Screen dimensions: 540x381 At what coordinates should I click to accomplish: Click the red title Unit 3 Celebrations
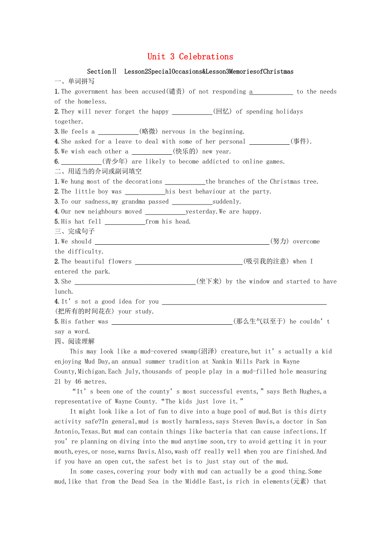pyautogui.click(x=190, y=57)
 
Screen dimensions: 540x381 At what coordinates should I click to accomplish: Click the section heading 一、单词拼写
pyautogui.click(x=75, y=81)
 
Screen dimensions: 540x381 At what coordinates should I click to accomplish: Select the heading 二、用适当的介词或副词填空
pyautogui.click(x=98, y=171)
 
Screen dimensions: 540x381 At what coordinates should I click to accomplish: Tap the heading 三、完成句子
pyautogui.click(x=75, y=231)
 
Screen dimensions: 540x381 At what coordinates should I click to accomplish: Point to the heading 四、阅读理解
pyautogui.click(x=75, y=341)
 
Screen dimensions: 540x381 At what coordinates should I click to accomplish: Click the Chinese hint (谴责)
pyautogui.click(x=175, y=92)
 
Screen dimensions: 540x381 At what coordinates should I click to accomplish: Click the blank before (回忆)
pyautogui.click(x=192, y=112)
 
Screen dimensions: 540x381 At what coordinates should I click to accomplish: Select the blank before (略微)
pyautogui.click(x=118, y=132)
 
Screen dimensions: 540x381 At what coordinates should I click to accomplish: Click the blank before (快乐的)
pyautogui.click(x=152, y=152)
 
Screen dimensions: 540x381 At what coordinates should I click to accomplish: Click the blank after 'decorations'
pyautogui.click(x=185, y=182)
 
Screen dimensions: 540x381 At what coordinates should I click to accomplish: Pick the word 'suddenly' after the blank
pyautogui.click(x=227, y=202)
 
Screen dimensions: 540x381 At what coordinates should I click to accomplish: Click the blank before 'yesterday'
pyautogui.click(x=165, y=212)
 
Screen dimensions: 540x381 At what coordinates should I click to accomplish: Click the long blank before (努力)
pyautogui.click(x=182, y=242)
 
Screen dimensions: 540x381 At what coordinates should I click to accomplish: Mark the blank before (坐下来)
pyautogui.click(x=135, y=282)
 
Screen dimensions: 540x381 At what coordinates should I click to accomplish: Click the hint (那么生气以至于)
pyautogui.click(x=259, y=322)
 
